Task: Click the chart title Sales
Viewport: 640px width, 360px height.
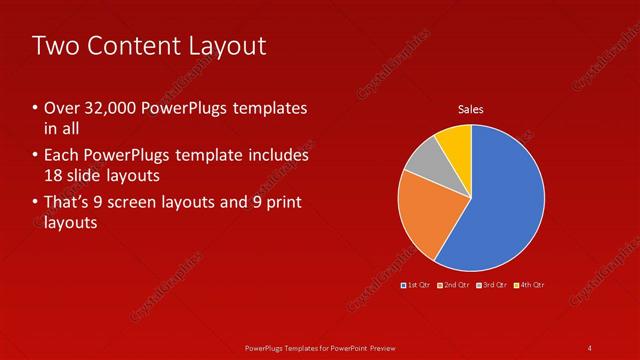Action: point(471,109)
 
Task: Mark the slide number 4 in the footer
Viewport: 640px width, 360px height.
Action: point(590,347)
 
